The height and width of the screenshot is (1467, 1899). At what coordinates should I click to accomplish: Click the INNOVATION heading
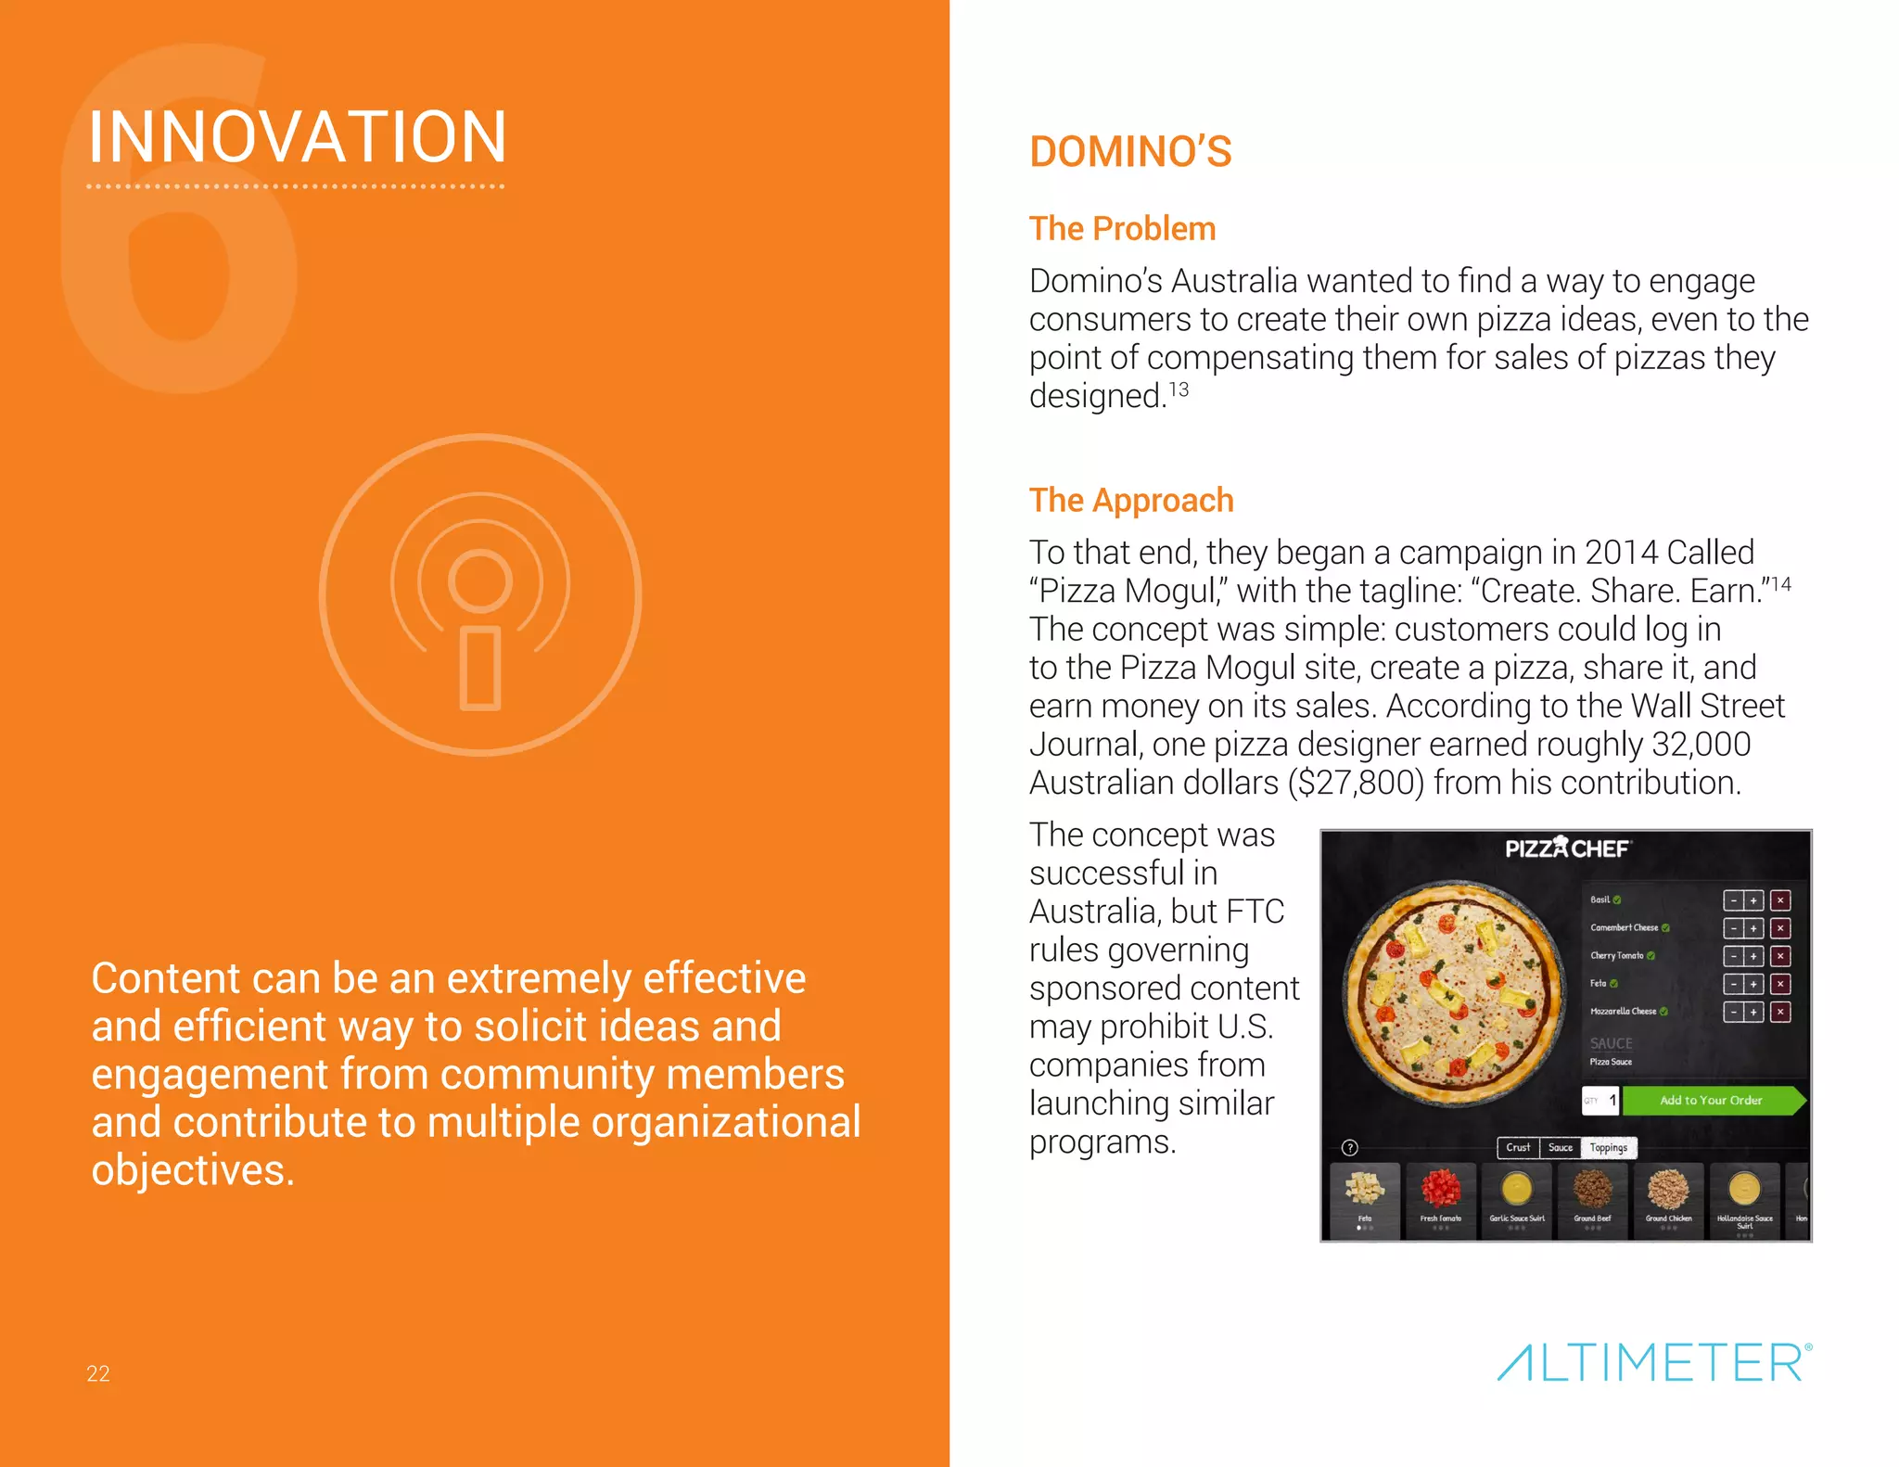(x=297, y=137)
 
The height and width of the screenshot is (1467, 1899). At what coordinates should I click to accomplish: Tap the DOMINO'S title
(x=1130, y=152)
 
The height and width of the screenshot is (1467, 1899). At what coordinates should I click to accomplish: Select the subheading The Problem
(x=1122, y=229)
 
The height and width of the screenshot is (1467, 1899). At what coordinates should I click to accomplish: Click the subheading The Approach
(x=1131, y=501)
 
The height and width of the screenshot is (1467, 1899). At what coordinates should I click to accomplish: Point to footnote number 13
(x=1179, y=389)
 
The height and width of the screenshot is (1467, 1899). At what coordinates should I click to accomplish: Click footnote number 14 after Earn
(x=1780, y=584)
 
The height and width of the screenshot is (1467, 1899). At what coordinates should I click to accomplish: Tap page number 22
(x=98, y=1373)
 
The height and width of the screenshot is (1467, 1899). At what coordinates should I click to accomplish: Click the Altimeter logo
(x=1654, y=1362)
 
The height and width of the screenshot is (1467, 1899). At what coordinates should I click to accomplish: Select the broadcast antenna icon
(x=480, y=594)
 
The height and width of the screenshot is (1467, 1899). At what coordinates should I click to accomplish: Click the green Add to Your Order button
(x=1711, y=1101)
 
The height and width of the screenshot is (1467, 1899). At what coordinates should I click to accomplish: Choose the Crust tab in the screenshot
(x=1518, y=1148)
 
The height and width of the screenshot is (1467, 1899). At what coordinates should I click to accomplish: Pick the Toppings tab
(x=1609, y=1148)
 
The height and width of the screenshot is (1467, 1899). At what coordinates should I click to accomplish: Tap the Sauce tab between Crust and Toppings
(x=1561, y=1148)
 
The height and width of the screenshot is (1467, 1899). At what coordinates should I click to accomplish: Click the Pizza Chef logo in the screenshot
(x=1566, y=848)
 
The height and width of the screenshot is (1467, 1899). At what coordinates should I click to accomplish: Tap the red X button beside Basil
(x=1780, y=900)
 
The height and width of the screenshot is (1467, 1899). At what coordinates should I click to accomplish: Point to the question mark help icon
(x=1350, y=1148)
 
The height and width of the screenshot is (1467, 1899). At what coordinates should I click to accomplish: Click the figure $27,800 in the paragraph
(x=1356, y=783)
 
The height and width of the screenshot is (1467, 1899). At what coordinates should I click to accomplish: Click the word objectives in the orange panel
(x=193, y=1170)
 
